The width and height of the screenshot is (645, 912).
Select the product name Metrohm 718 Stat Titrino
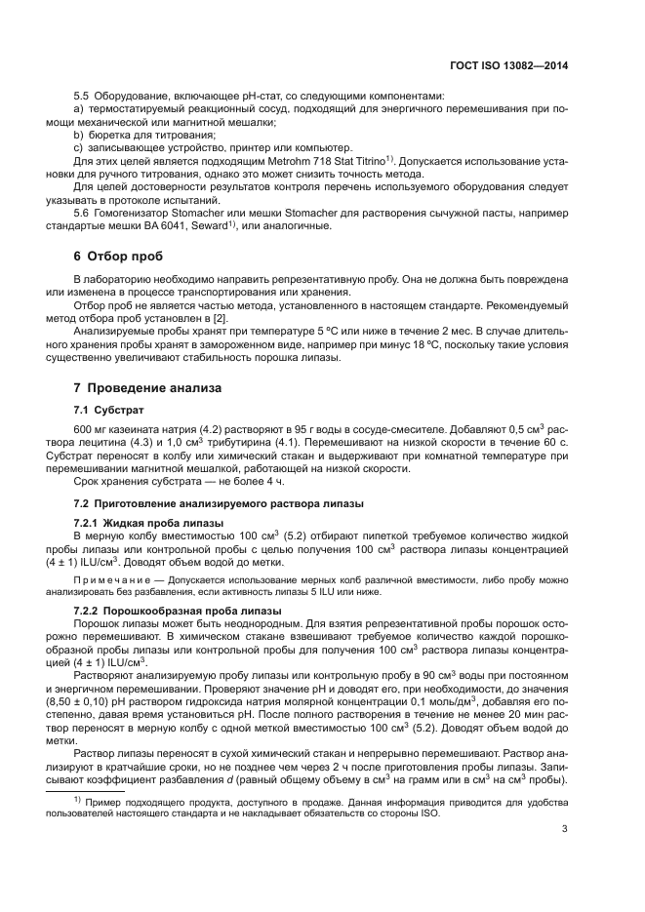(x=319, y=159)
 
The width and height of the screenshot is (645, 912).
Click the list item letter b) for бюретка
(x=79, y=134)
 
